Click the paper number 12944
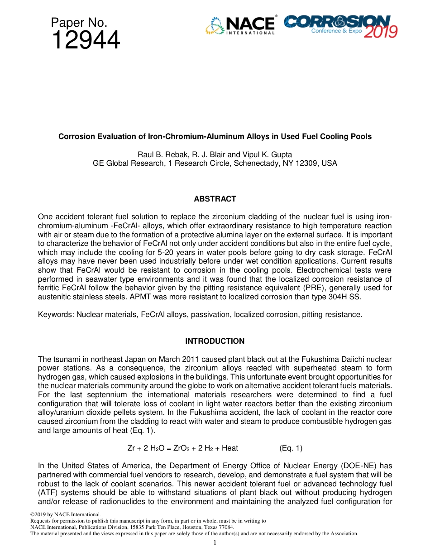click(86, 40)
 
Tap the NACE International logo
click(240, 25)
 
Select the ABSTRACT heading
click(215, 199)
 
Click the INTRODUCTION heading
click(215, 341)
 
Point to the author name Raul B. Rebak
click(163, 154)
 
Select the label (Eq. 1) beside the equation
click(291, 448)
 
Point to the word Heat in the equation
click(230, 448)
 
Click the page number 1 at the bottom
click(215, 542)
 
